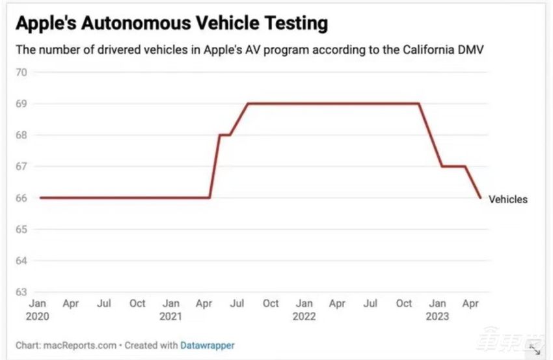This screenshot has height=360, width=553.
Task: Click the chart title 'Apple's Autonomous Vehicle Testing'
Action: coord(171,24)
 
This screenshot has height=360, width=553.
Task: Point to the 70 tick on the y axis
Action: coord(21,72)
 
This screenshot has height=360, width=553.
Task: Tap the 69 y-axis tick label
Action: coord(21,104)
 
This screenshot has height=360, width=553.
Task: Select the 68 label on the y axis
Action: coord(21,135)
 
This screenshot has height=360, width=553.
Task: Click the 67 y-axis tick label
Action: coord(21,167)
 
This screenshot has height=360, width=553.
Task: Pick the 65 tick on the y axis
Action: coord(21,230)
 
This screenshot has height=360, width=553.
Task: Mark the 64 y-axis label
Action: coord(21,261)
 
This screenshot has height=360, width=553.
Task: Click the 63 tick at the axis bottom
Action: coord(21,292)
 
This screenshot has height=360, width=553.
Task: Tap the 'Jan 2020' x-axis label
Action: coord(38,309)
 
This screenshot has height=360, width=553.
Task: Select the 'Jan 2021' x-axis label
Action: coord(170,309)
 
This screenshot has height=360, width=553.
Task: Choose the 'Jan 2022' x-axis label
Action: coord(304,309)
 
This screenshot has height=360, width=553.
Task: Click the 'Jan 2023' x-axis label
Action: coord(438,309)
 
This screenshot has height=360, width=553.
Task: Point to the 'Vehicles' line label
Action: coord(508,199)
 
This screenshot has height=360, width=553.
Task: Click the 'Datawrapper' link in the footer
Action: coord(208,345)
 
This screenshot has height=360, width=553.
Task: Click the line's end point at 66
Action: coord(480,198)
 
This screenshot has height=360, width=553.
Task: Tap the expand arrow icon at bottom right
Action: coord(535,350)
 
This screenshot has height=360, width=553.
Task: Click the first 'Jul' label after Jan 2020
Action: coord(104,303)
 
